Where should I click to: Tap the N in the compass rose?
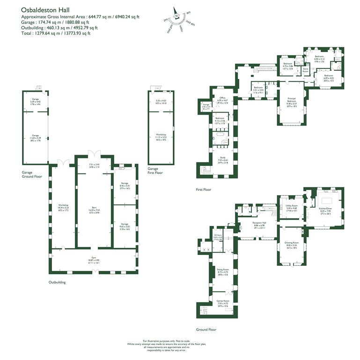[177, 16]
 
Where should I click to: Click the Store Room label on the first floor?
[305, 70]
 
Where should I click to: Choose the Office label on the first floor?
[222, 98]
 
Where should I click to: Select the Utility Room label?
[292, 207]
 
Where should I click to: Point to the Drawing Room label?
[292, 244]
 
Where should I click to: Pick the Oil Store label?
[218, 236]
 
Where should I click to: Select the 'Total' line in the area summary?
[56, 33]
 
